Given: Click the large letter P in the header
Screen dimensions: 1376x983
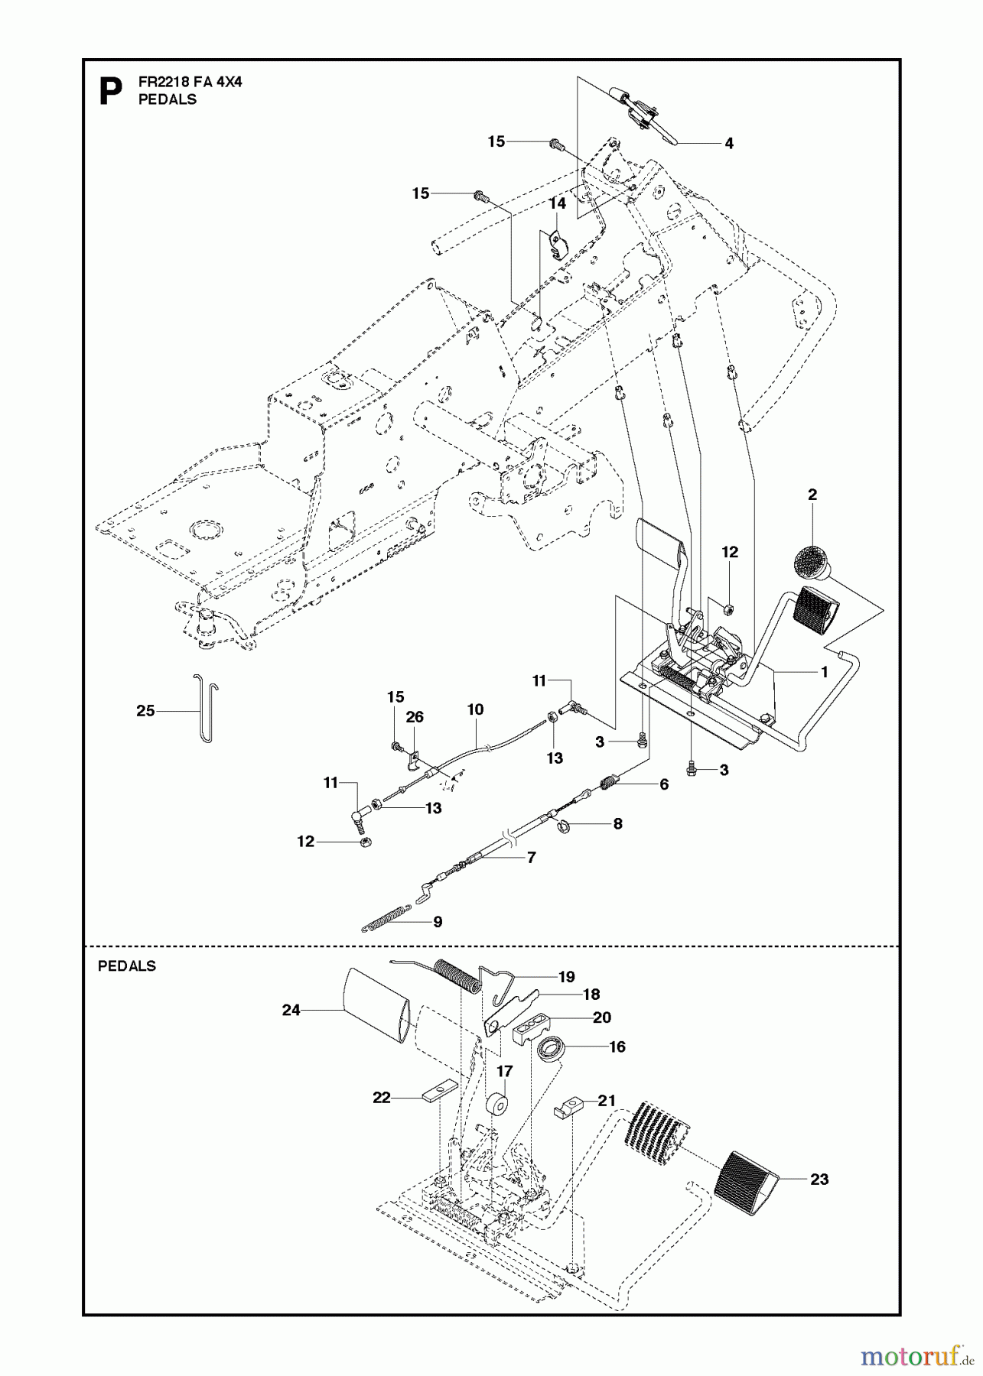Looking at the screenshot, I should tap(111, 91).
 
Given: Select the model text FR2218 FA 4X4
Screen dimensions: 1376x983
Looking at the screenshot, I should tap(190, 83).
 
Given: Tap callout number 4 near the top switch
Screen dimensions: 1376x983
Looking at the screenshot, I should tap(728, 143).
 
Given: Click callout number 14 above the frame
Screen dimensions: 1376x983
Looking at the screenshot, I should tap(557, 203).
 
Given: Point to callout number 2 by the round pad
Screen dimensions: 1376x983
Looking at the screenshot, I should tap(812, 495).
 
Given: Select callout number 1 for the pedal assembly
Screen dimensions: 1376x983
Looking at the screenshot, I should tap(824, 672).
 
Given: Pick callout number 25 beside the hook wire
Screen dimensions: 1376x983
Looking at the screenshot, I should tap(145, 711).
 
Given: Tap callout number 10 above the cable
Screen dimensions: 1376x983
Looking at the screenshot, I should tap(474, 709).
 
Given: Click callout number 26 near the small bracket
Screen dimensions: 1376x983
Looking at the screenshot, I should tap(415, 717).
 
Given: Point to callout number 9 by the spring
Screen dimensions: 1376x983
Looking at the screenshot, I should tap(438, 922).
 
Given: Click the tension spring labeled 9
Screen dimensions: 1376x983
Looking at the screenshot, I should tap(386, 918).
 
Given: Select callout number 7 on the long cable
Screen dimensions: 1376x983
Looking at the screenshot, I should tap(530, 858).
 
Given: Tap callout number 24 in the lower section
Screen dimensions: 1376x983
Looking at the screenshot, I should tap(291, 1010).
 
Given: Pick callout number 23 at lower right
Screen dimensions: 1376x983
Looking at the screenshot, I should tap(819, 1180).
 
